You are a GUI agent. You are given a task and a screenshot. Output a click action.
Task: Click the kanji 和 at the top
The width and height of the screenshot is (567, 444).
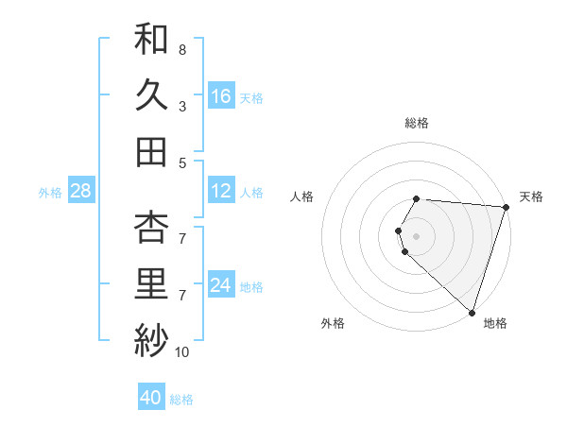point(151,39)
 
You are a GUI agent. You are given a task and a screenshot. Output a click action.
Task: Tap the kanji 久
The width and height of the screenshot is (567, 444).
point(151,95)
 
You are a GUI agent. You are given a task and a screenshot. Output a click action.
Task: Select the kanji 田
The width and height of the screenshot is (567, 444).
point(151,152)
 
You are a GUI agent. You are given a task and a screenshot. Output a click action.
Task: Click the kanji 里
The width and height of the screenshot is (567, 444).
point(151,283)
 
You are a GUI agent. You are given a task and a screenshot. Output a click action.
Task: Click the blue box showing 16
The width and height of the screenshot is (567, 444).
point(221,96)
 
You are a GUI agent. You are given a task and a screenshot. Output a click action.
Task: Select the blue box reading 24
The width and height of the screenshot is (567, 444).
point(221,286)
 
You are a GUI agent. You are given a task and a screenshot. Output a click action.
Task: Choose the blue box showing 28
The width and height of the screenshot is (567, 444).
point(80,192)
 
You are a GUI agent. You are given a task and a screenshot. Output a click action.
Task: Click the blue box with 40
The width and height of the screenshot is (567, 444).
point(151,399)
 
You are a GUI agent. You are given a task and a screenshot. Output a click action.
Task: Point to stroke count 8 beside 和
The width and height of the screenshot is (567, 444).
point(181,49)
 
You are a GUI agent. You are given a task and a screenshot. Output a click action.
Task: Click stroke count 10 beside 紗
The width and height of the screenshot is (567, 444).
point(181,352)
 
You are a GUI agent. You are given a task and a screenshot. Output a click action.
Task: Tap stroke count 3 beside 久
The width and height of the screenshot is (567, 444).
point(181,107)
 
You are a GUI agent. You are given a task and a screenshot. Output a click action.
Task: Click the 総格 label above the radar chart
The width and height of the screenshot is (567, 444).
point(417,123)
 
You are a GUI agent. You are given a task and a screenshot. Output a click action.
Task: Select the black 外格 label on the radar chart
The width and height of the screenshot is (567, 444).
point(333,324)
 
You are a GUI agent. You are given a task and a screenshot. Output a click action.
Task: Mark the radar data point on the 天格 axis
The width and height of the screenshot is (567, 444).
point(507,207)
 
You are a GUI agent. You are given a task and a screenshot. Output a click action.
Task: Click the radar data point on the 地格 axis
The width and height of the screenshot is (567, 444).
point(472,313)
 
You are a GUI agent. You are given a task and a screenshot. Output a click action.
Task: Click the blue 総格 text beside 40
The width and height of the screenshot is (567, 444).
point(181,400)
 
